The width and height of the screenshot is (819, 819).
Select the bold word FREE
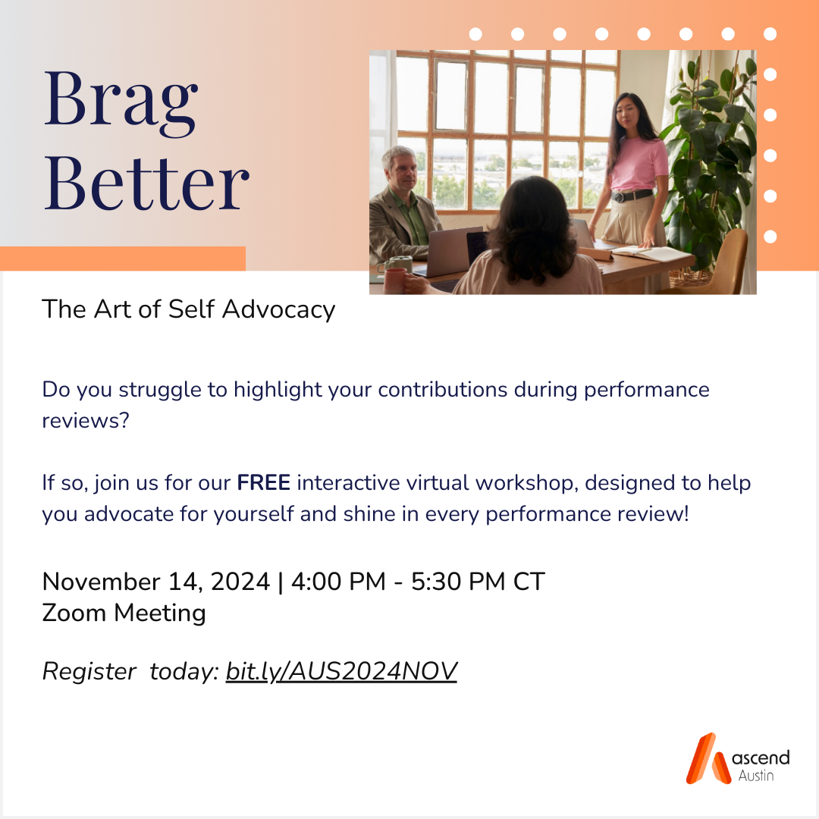[264, 482]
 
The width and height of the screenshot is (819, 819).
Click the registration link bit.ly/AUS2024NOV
[341, 672]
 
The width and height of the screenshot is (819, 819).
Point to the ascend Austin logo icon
[708, 758]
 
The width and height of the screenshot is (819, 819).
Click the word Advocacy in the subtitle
[279, 309]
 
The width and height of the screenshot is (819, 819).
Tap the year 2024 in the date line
[240, 582]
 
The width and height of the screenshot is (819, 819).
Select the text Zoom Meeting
[124, 613]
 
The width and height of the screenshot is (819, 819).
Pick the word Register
[89, 672]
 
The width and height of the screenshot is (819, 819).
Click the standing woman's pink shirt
[639, 164]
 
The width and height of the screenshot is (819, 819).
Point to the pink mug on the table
[396, 281]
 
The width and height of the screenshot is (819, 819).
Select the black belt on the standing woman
[632, 196]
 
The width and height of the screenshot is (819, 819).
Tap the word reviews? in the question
[86, 420]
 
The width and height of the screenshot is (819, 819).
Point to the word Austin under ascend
[756, 776]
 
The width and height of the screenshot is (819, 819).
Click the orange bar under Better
[123, 259]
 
